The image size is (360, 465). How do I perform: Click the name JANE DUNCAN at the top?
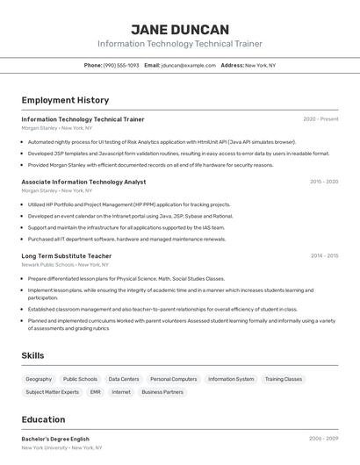179,29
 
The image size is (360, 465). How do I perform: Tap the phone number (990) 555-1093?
121,65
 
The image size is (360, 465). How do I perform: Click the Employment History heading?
65,100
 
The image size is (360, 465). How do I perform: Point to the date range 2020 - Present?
320,119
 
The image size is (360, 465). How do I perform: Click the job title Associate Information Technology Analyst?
83,182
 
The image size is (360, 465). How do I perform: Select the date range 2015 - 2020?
323,182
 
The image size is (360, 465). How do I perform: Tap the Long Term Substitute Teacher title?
67,256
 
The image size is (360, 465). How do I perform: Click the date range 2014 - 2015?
323,256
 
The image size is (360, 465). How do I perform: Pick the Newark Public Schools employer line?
65,264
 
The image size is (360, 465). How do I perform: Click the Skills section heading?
33,355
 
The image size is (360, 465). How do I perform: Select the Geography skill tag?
39,379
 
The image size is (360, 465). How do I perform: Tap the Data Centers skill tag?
124,379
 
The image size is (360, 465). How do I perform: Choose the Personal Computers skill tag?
173,379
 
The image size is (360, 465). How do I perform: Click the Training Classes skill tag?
284,379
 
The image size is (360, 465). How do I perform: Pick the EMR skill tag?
95,392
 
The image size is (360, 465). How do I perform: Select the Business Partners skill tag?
162,392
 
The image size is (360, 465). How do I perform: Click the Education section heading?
43,419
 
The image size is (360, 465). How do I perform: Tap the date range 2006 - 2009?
323,439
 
